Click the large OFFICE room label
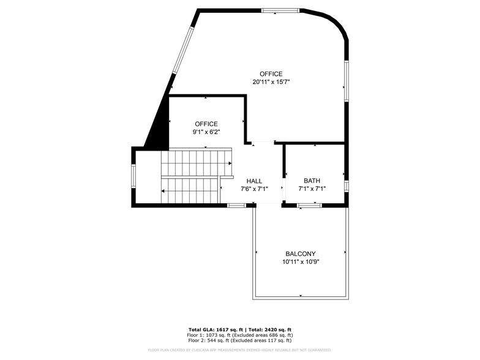pyautogui.click(x=270, y=73)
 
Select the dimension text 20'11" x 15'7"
pyautogui.click(x=270, y=81)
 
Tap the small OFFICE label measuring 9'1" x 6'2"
pyautogui.click(x=206, y=124)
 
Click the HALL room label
pyautogui.click(x=254, y=181)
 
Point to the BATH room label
pyautogui.click(x=312, y=181)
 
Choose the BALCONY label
pyautogui.click(x=301, y=253)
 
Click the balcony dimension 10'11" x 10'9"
pyautogui.click(x=301, y=261)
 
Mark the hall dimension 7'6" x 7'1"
pyautogui.click(x=254, y=189)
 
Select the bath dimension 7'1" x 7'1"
pyautogui.click(x=312, y=189)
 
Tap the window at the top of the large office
pyautogui.click(x=280, y=10)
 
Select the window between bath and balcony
pyautogui.click(x=310, y=206)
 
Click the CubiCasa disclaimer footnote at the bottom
pyautogui.click(x=239, y=350)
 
